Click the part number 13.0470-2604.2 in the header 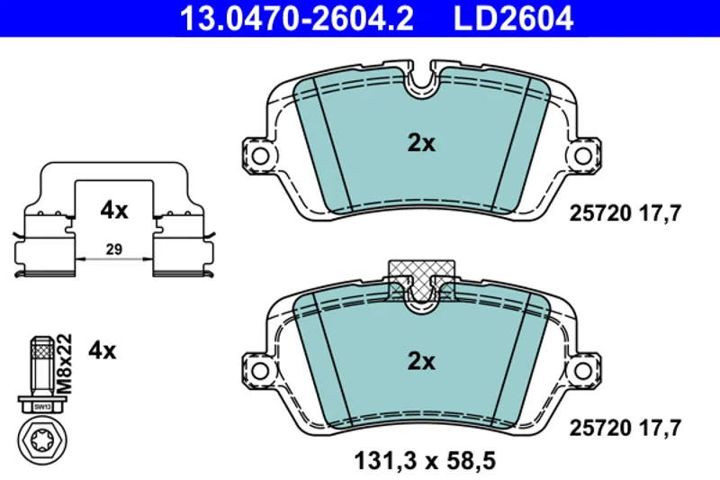click(297, 18)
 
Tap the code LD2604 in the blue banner click(513, 18)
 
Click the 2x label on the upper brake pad click(421, 143)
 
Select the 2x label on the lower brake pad click(421, 361)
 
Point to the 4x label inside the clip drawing click(114, 211)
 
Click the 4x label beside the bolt click(103, 351)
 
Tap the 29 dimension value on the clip click(114, 249)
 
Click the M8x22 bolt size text click(65, 364)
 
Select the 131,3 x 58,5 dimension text click(425, 461)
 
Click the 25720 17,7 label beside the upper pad click(625, 213)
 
